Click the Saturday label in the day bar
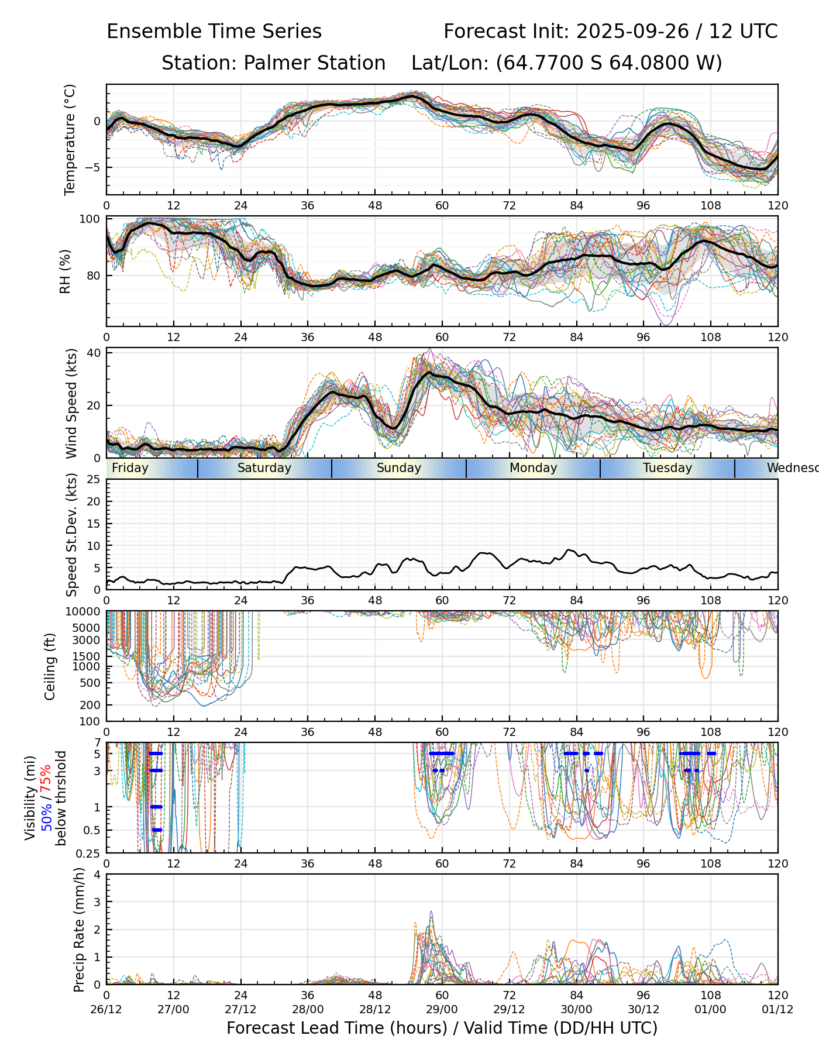pos(264,468)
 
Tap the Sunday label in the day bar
pos(399,468)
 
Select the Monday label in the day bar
pos(533,468)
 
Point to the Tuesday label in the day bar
pos(667,468)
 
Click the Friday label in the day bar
pos(130,468)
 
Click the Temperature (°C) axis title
pos(70,139)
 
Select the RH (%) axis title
pos(65,271)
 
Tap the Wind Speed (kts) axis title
pos(71,403)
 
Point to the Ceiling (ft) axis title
pos(50,666)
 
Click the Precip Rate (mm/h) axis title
pos(80,929)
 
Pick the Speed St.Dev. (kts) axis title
pos(71,535)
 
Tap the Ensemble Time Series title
pos(214,32)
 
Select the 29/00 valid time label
pos(442,1010)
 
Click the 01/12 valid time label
pos(777,1010)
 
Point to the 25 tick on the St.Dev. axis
pos(94,480)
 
